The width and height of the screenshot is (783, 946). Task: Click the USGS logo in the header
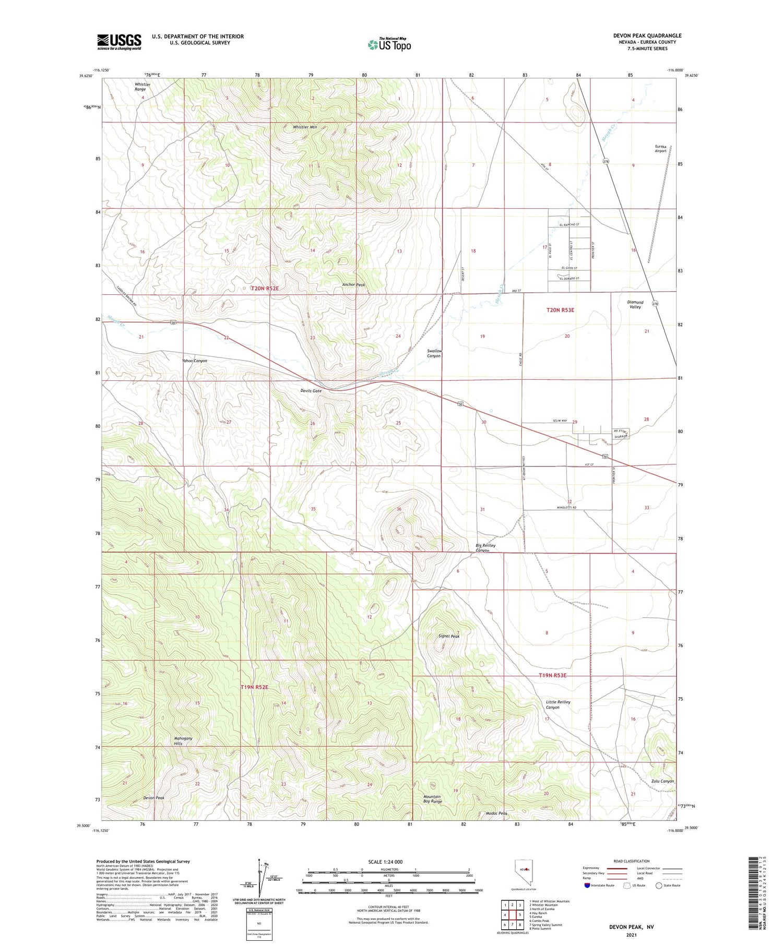119,42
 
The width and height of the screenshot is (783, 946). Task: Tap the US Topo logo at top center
389,45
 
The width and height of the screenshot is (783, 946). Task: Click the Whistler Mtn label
305,127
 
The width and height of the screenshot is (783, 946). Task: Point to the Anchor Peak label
353,285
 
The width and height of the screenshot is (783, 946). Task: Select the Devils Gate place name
311,391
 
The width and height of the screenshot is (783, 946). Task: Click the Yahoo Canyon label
194,361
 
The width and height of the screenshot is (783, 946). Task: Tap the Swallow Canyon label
434,353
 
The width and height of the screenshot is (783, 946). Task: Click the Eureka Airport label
661,149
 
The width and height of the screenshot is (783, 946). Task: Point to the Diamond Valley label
635,305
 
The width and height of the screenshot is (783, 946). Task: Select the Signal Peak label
449,637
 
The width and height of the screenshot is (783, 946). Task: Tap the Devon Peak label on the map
153,798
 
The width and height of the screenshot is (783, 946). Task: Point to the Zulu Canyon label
662,781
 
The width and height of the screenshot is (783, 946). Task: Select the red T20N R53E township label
560,310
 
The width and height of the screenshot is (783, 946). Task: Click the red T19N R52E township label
254,688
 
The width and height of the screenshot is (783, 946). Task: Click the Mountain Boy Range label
432,799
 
